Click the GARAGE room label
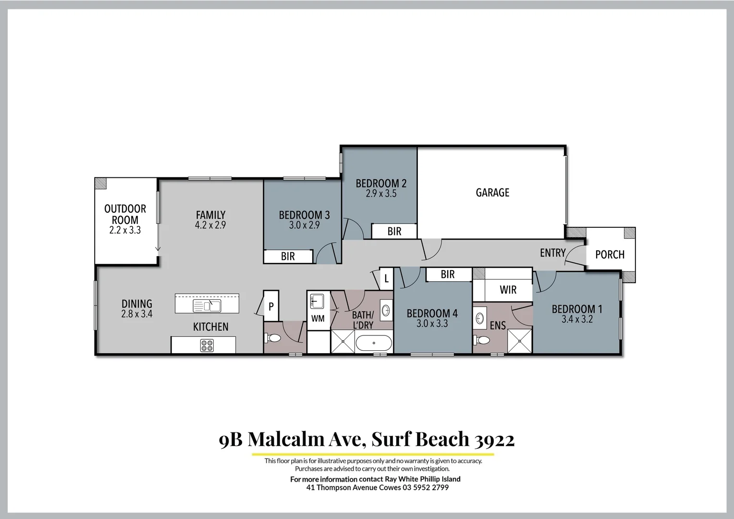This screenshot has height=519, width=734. (492, 193)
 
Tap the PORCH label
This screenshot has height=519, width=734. (610, 255)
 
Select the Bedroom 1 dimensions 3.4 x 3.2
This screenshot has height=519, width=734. (576, 320)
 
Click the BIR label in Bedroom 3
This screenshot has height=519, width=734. (288, 257)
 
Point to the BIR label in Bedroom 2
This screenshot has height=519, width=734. (394, 232)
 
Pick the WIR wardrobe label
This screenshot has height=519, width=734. (508, 290)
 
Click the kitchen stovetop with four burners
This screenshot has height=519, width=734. (207, 346)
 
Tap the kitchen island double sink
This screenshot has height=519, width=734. (207, 306)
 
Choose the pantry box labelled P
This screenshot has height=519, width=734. (271, 306)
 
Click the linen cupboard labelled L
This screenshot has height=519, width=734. (386, 279)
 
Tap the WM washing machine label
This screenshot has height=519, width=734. (318, 319)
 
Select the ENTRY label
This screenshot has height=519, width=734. (552, 253)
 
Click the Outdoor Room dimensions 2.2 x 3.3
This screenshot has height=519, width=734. (125, 231)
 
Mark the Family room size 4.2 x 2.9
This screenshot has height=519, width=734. (210, 225)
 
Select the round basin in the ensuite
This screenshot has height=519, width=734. (480, 318)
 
